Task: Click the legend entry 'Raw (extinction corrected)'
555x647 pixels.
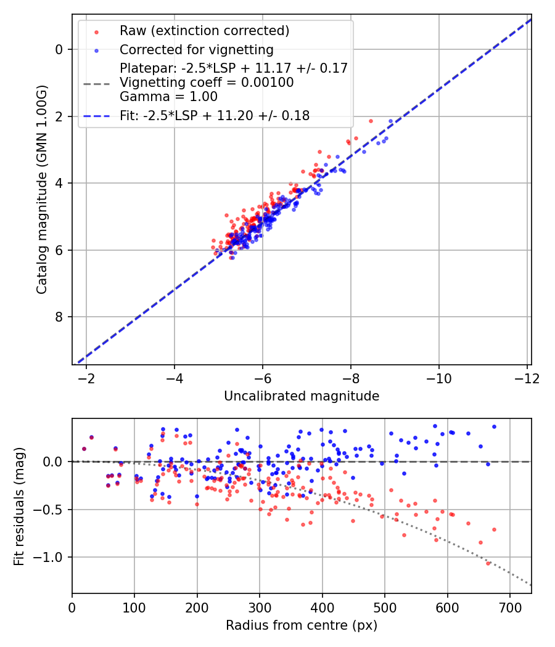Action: [204, 31]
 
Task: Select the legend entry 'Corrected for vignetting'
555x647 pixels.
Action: [196, 49]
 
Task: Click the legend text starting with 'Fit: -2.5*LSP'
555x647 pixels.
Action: [215, 115]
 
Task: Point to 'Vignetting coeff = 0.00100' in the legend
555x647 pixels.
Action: [207, 82]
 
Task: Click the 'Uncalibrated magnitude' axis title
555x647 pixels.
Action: [302, 396]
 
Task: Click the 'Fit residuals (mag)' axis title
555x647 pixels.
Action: [19, 506]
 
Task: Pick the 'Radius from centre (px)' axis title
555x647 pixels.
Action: [302, 625]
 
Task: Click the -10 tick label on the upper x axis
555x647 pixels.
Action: [438, 378]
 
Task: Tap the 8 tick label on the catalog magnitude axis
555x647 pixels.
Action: [59, 317]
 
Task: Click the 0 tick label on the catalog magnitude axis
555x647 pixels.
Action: [59, 49]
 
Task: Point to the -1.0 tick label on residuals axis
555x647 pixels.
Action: [51, 558]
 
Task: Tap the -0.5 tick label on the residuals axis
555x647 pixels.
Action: [51, 510]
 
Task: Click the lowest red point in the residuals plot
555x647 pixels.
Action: [488, 563]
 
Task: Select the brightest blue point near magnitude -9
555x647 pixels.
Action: [390, 121]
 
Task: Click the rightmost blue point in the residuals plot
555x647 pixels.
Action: [494, 426]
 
